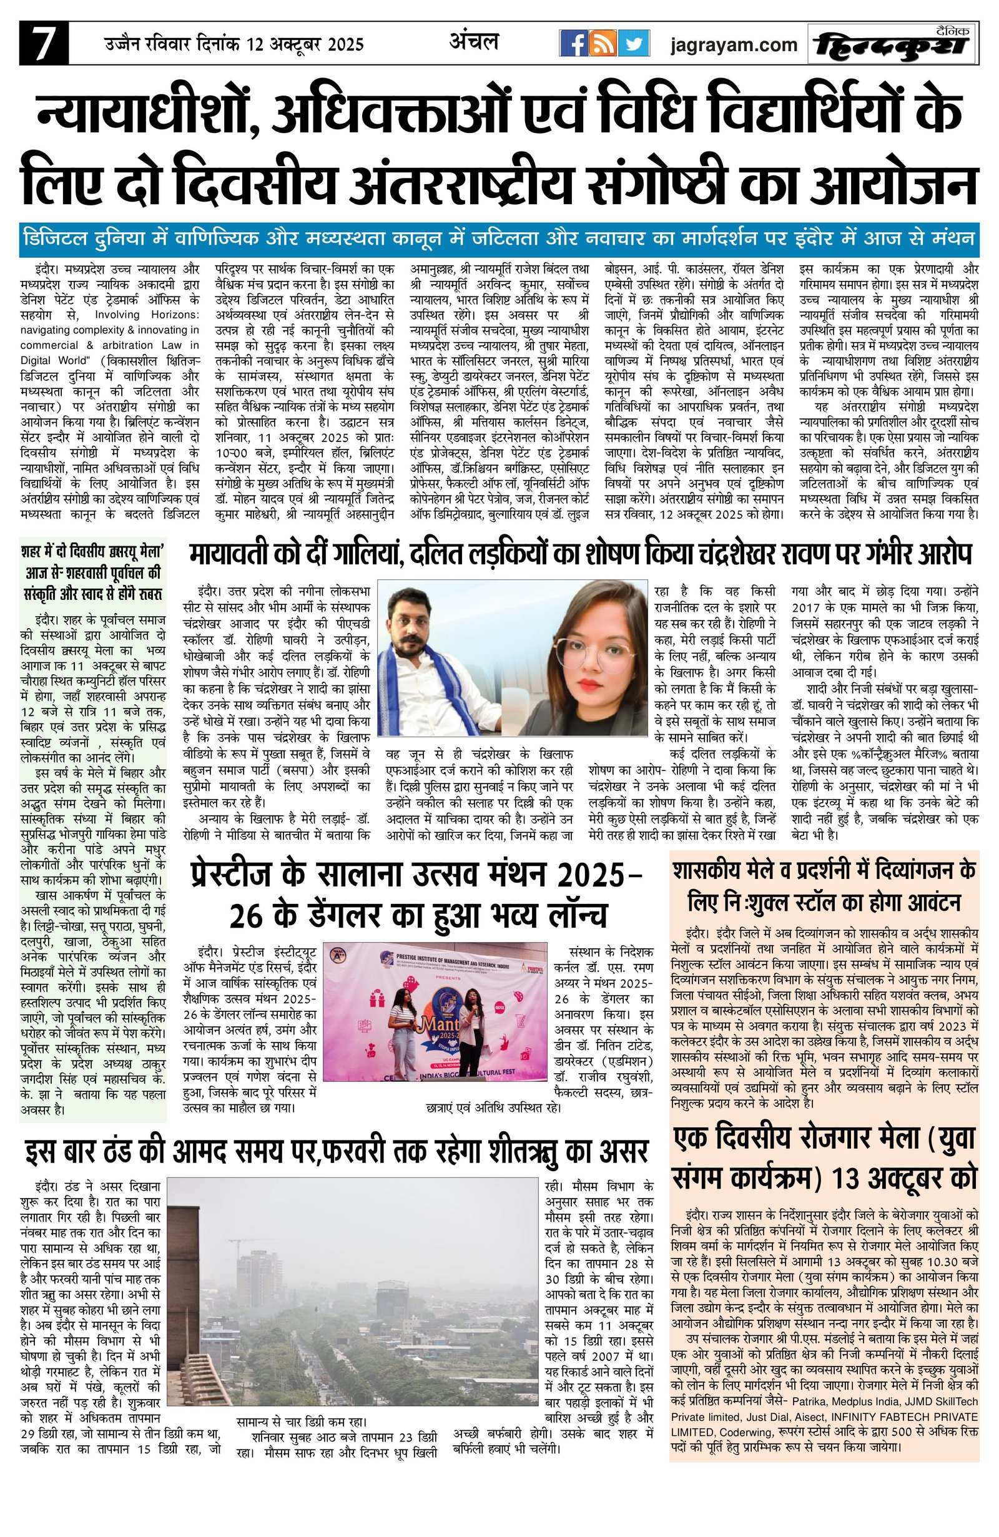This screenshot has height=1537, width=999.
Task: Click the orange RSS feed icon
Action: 604,44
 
